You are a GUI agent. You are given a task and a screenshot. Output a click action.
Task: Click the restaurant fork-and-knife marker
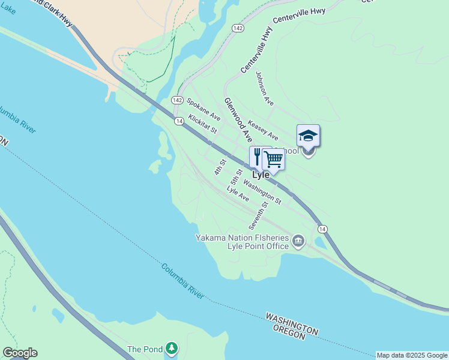257,157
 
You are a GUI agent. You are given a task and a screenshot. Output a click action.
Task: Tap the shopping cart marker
273,160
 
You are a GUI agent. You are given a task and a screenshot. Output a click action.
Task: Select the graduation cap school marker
308,136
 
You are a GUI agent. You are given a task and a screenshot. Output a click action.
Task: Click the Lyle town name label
261,175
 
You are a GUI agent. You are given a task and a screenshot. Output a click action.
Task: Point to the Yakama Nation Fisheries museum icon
298,242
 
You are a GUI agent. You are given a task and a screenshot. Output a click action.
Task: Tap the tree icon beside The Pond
172,348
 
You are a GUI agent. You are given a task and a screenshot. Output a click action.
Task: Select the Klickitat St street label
202,124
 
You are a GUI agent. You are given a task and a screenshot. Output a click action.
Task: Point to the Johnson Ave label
264,89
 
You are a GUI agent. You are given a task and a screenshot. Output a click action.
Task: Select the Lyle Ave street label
238,194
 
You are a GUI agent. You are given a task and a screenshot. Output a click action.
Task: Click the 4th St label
220,167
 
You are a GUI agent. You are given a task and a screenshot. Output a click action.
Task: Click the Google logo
19,353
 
